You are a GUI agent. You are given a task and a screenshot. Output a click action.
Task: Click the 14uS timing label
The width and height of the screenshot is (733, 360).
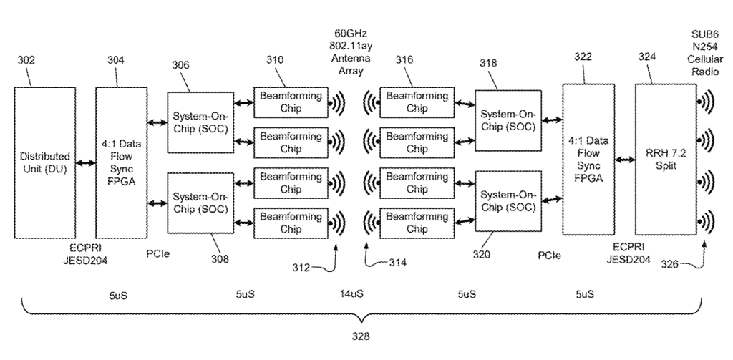point(351,294)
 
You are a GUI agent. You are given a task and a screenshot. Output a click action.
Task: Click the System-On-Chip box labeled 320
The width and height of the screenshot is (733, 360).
point(508,201)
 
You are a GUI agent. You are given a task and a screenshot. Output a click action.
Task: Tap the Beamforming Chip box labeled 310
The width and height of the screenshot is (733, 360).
point(291,102)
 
